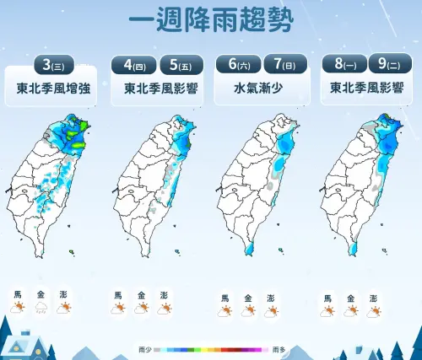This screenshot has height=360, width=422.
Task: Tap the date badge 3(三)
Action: click(53, 64)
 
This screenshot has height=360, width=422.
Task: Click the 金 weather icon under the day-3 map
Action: click(41, 309)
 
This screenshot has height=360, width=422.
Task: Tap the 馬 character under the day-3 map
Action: click(18, 294)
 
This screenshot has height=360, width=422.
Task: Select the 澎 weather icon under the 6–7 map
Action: click(270, 312)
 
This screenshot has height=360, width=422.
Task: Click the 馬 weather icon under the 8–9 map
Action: click(327, 312)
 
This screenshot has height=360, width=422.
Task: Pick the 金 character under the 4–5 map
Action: click(140, 294)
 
